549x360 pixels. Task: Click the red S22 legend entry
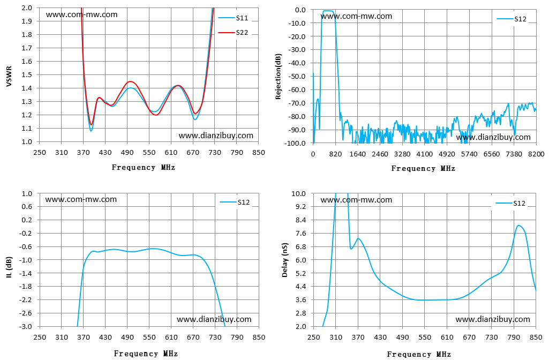point(233,33)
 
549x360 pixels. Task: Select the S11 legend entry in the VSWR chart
point(233,18)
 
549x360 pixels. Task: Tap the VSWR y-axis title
point(9,77)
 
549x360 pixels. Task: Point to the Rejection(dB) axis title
point(279,77)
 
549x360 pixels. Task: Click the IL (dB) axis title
point(10,267)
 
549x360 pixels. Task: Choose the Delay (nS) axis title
point(284,260)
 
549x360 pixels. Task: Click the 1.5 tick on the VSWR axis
point(27,75)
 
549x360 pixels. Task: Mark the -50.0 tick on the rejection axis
point(297,77)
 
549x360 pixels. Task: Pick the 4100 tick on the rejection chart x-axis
point(424,154)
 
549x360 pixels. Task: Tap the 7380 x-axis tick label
point(514,154)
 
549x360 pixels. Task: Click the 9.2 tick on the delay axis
point(301,207)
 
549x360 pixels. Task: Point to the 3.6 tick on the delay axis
point(301,300)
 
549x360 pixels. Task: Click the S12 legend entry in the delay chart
point(510,204)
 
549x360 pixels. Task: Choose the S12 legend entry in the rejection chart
point(512,19)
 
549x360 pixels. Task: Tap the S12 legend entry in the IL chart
point(235,202)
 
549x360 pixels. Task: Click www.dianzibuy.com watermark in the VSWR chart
point(216,136)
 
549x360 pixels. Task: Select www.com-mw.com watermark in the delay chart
point(356,200)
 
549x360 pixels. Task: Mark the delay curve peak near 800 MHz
point(518,225)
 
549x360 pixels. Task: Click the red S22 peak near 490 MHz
point(130,81)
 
